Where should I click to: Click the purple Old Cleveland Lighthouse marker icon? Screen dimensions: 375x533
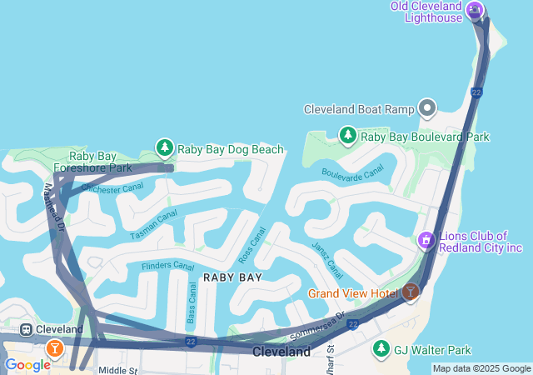[x=475, y=10]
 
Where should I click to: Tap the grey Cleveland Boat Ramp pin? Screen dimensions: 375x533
[x=427, y=108]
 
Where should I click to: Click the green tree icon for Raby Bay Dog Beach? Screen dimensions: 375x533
[x=165, y=148]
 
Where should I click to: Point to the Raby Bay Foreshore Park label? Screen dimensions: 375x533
[x=101, y=162]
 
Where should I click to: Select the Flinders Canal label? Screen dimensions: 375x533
[x=167, y=266]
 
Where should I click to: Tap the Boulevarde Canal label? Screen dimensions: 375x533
[x=352, y=171]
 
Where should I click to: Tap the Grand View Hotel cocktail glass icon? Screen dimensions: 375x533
[x=410, y=292]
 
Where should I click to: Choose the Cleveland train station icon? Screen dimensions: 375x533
[x=27, y=329]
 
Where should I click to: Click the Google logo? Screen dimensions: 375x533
[x=27, y=365]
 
